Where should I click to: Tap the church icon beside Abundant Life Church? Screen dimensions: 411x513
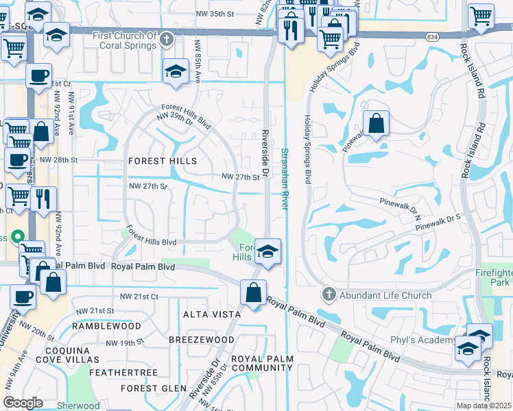329,295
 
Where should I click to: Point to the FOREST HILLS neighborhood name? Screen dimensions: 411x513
163,161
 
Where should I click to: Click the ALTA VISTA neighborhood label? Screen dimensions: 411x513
212,314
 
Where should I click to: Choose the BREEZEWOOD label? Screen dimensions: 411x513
201,339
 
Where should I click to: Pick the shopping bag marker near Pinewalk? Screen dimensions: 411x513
376,124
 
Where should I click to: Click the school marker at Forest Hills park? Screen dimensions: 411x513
267,252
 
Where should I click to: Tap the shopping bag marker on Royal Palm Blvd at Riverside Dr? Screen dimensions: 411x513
254,292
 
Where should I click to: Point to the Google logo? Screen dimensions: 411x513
23,402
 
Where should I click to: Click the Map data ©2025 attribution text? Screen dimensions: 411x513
484,406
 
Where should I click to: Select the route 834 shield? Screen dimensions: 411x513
431,36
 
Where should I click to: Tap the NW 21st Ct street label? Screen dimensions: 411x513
139,296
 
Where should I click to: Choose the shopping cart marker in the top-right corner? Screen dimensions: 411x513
481,15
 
